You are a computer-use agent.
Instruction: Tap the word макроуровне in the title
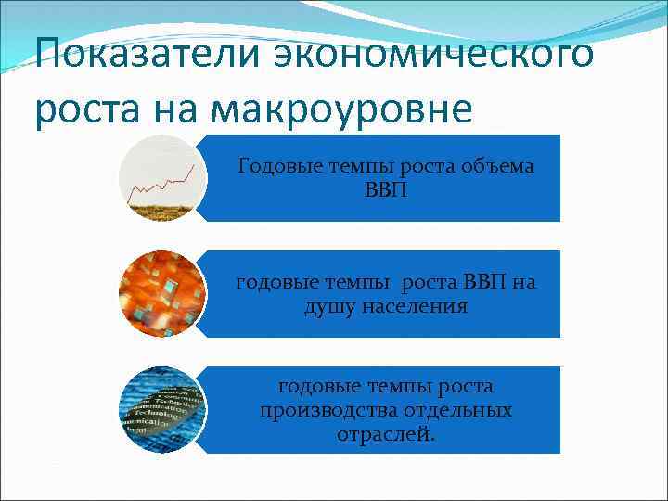tap(342, 109)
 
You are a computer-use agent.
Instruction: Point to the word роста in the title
tap(83, 109)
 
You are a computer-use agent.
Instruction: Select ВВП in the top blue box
tap(385, 190)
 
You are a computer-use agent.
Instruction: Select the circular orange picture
tap(162, 294)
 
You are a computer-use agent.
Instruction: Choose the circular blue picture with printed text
tap(162, 410)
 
